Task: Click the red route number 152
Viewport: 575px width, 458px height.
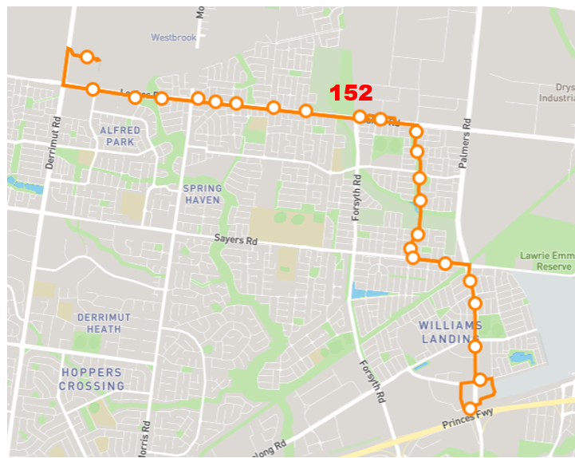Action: [352, 93]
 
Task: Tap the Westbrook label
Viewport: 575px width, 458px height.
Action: [173, 38]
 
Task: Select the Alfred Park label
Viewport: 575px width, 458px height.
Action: [120, 136]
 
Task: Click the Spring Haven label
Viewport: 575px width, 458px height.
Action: [202, 194]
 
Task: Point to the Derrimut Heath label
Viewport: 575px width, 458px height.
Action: [104, 323]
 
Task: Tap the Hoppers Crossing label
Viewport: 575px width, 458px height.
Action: [92, 379]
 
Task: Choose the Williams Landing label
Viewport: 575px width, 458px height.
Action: [450, 332]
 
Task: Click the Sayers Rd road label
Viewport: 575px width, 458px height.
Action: [236, 239]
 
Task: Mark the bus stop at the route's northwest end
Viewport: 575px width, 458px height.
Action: [88, 57]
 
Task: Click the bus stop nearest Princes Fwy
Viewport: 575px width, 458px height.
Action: [470, 409]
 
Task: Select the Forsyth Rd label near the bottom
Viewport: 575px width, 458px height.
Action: [381, 384]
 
